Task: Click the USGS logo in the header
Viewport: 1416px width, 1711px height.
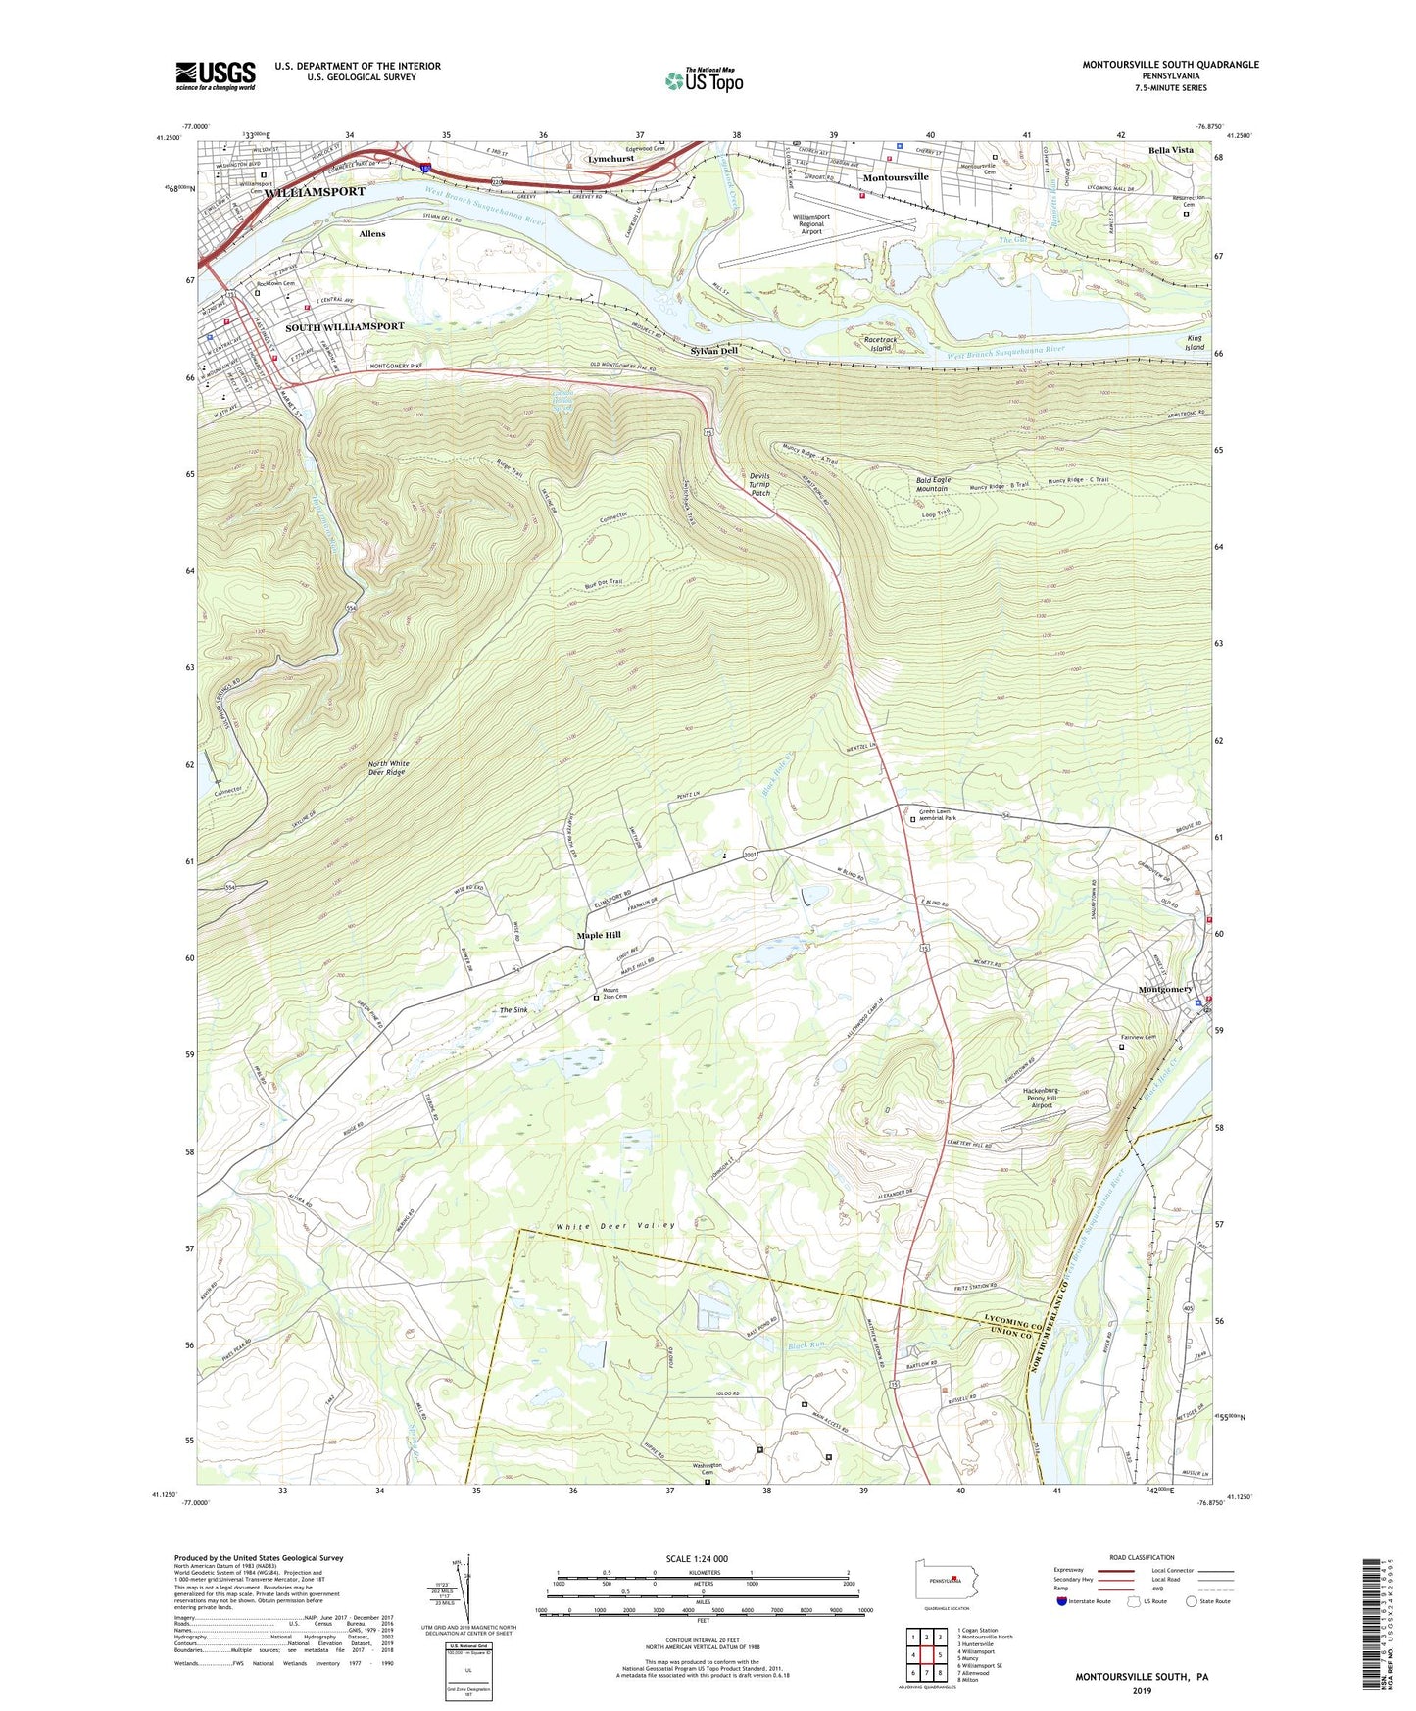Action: [216, 75]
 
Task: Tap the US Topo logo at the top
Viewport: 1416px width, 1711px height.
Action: [704, 79]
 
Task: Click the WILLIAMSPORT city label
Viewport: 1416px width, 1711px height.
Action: [314, 192]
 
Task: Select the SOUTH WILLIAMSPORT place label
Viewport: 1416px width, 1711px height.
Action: [344, 326]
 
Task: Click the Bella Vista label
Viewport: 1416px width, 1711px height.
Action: [1171, 150]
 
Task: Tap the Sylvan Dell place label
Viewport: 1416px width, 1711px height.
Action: [713, 351]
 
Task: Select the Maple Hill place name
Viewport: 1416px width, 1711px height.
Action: [599, 935]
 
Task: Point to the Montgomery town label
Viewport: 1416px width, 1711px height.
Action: [1165, 990]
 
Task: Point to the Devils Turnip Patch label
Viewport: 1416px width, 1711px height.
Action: [760, 484]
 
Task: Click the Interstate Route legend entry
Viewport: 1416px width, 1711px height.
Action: [1090, 1601]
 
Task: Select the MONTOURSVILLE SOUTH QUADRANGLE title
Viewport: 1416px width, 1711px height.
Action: [1170, 65]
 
